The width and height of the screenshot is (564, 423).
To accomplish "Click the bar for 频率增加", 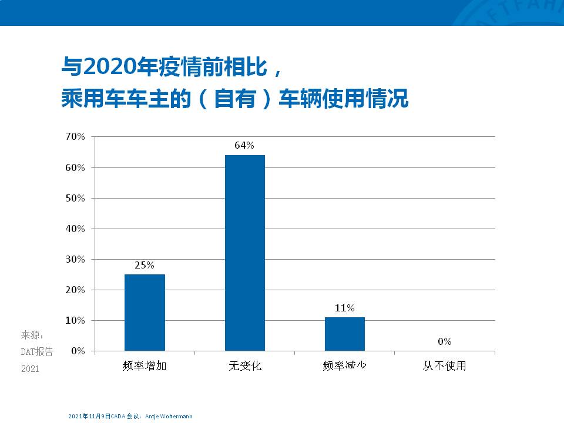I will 145,313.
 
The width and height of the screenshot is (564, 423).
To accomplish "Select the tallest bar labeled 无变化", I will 244,253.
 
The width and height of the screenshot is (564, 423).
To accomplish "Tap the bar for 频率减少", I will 345,334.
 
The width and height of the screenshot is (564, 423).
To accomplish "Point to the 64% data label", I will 244,146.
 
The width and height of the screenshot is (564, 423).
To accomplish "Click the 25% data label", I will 145,265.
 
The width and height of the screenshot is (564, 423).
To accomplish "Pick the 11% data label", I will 345,308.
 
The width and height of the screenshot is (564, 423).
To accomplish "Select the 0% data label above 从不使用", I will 444,341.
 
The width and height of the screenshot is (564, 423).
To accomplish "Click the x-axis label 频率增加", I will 145,365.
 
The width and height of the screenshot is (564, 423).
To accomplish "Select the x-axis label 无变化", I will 244,365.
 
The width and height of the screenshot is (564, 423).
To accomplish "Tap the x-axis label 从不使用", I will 444,365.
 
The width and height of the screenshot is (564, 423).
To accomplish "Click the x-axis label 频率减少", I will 345,365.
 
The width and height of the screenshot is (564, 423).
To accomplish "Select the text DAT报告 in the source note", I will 37,352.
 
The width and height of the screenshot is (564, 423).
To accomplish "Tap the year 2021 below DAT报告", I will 29,369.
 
